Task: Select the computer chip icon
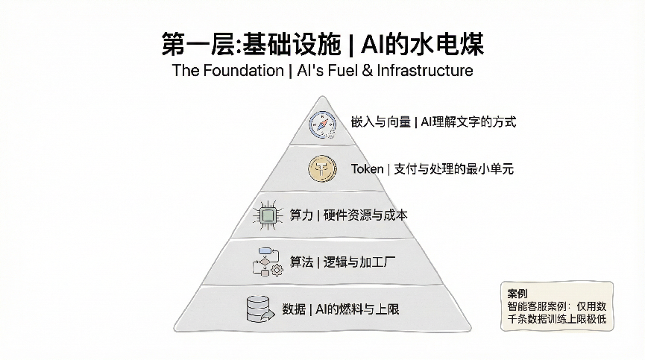[267, 215]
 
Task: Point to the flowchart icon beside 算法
[266, 262]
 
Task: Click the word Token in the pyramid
[367, 169]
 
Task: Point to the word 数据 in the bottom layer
[294, 309]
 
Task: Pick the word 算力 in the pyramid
[301, 215]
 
